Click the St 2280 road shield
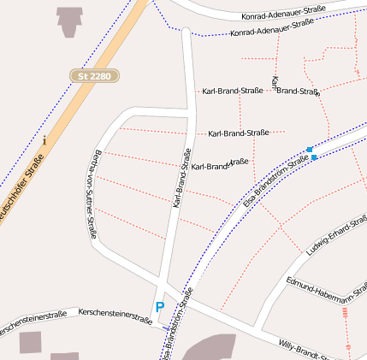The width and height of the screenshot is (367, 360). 94,76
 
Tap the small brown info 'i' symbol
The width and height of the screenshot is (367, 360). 44,139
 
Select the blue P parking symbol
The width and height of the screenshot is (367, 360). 159,306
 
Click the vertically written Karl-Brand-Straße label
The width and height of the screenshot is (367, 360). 180,179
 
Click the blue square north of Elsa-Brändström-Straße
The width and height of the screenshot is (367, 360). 310,150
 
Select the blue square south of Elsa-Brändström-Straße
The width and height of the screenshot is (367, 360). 314,157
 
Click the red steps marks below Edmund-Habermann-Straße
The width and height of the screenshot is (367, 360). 345,313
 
